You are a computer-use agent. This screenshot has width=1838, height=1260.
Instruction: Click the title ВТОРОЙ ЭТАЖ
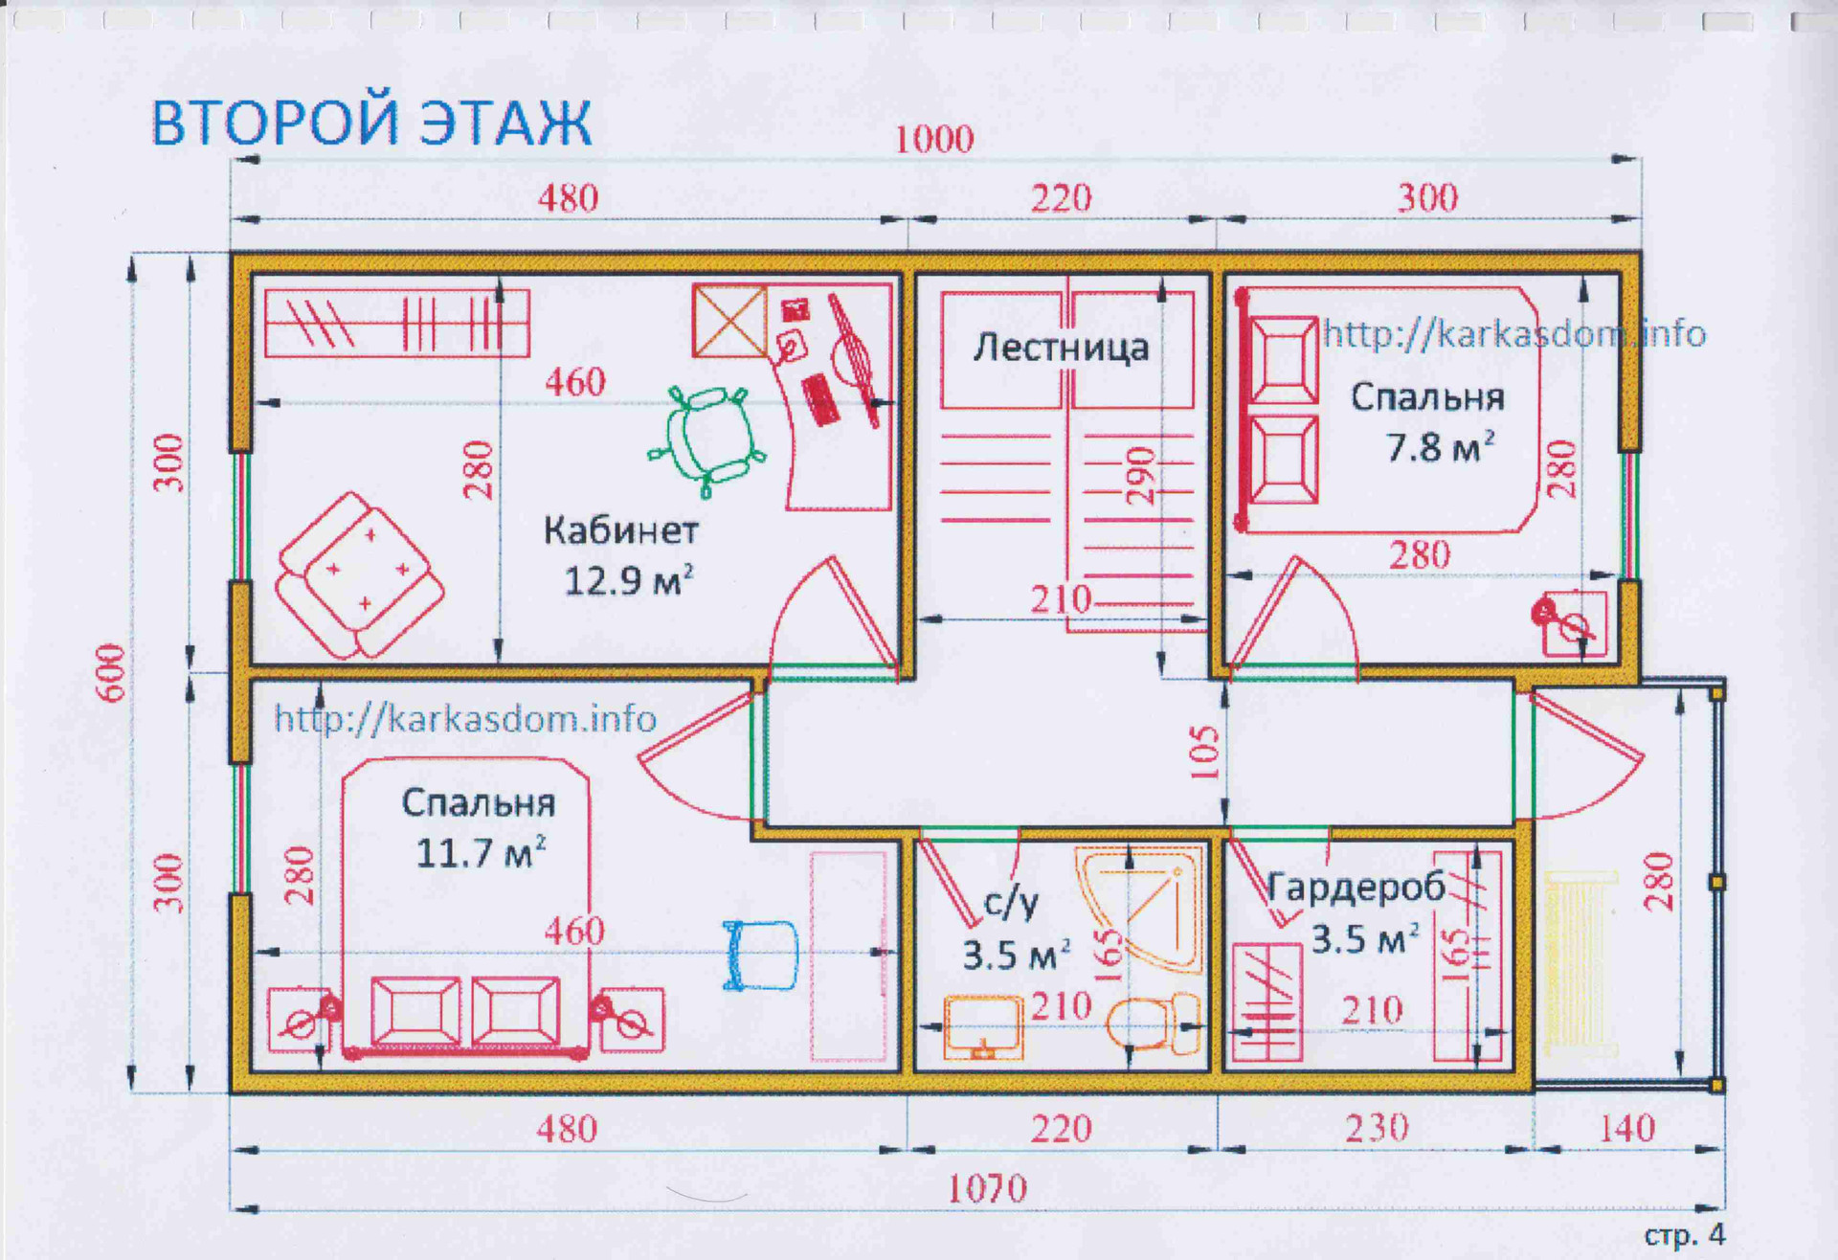tap(371, 123)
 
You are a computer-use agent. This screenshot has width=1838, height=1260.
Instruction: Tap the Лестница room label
tap(1061, 348)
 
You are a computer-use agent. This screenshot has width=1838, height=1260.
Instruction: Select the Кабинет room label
tap(621, 530)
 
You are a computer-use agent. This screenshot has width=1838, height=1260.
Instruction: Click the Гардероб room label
tap(1356, 888)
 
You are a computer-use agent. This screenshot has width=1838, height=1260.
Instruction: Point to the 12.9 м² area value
tap(628, 580)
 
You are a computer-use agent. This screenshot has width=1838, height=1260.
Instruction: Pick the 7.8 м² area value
tap(1441, 446)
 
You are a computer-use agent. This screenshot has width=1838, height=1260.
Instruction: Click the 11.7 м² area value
tap(481, 852)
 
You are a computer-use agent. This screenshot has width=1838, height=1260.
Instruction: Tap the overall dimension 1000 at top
tap(933, 140)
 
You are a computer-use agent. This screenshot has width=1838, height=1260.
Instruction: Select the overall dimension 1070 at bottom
tap(986, 1189)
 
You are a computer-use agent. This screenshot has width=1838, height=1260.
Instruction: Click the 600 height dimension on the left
tap(112, 672)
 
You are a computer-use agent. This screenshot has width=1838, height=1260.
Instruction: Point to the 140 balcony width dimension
tap(1626, 1129)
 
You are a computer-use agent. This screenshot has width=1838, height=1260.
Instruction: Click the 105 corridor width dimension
tap(1204, 753)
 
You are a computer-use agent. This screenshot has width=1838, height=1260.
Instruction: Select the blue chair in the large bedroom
tap(760, 955)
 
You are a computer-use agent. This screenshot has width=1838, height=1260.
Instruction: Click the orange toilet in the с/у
tap(1154, 1022)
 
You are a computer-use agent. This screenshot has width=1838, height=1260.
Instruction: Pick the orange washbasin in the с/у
tap(983, 1027)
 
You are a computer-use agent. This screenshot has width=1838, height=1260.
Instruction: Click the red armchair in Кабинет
tap(359, 575)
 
